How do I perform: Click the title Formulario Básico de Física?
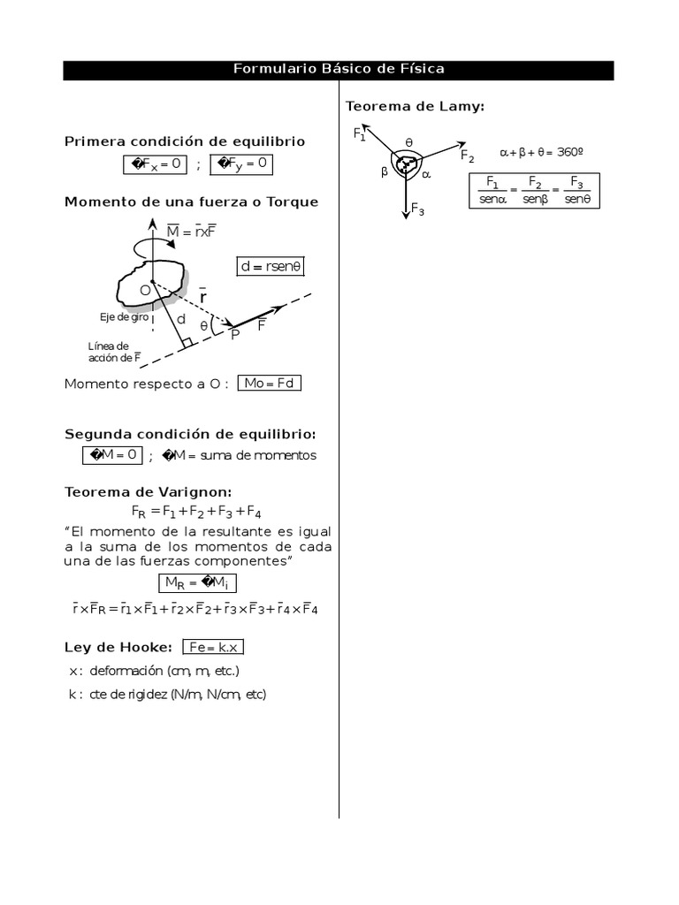coord(339,69)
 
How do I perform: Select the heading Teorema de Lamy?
coord(415,106)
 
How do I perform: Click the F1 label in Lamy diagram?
coord(360,134)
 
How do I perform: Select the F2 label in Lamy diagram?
coord(467,156)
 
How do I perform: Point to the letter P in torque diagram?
coord(235,335)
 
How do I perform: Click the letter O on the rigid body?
coord(144,289)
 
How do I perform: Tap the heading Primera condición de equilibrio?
coord(184,141)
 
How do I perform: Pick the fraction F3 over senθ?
coord(576,190)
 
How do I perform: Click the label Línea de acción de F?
coord(111,352)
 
